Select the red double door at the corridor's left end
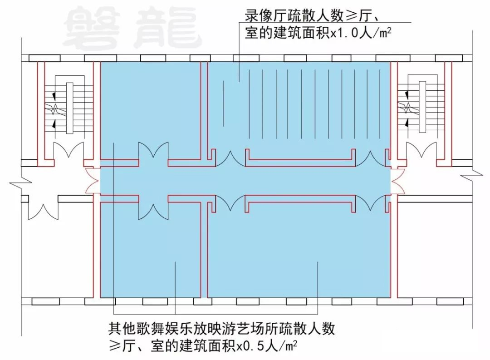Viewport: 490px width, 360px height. point(93,181)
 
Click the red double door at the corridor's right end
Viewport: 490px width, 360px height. point(397,181)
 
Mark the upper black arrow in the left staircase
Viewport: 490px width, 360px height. point(54,95)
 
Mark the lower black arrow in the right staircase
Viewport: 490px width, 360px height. point(407,122)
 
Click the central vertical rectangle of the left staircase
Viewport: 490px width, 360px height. point(69,108)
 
